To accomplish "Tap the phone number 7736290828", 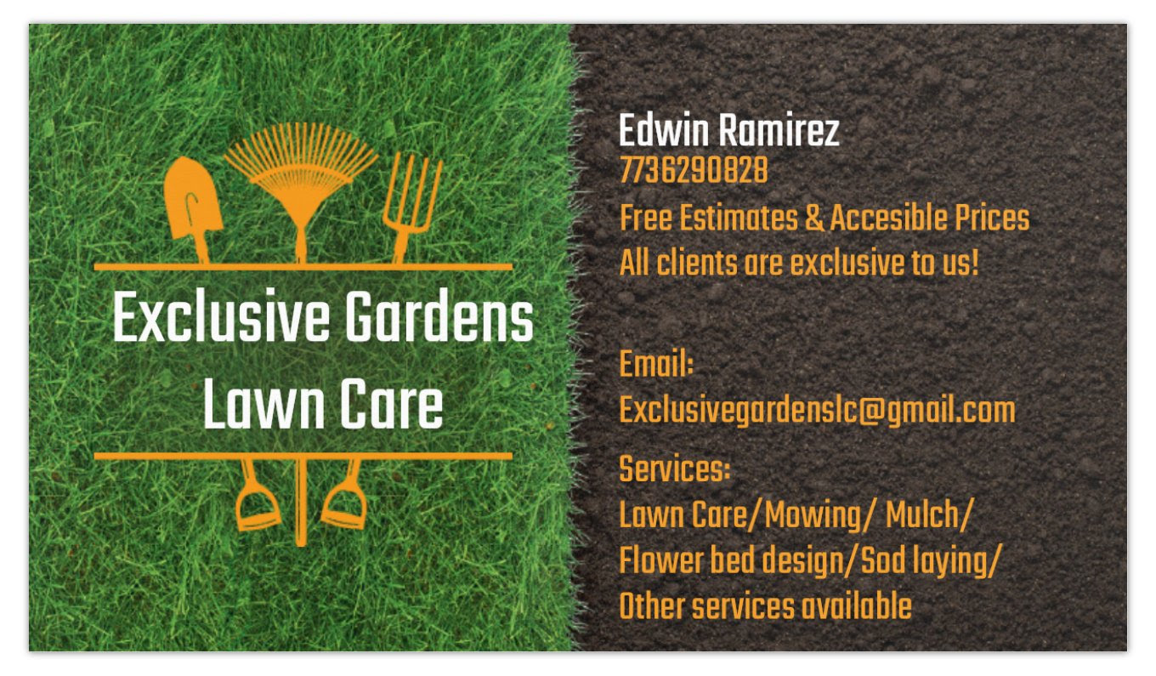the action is (x=694, y=170).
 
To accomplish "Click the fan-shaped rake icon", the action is (x=302, y=170).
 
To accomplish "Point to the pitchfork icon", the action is (x=411, y=207).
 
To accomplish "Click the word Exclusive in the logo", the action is (x=221, y=316).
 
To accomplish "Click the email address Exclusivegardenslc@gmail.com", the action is (x=817, y=412).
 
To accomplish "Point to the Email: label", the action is (x=656, y=364).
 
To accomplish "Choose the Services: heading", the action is (x=675, y=469).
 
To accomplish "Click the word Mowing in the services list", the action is (x=813, y=516).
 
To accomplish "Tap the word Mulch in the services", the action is (x=922, y=514).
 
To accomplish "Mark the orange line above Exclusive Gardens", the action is (x=303, y=267).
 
